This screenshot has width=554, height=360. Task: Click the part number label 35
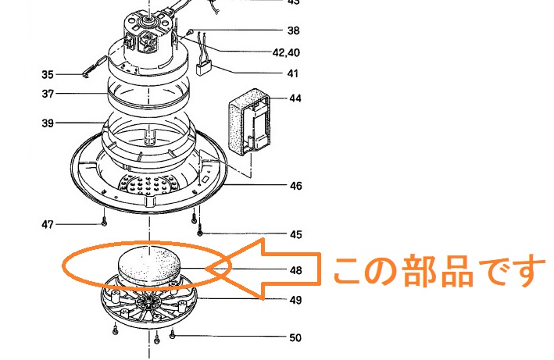point(48,75)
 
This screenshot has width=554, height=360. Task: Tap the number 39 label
point(48,123)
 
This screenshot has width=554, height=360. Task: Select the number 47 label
point(48,225)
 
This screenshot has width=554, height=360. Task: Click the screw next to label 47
point(104,224)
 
